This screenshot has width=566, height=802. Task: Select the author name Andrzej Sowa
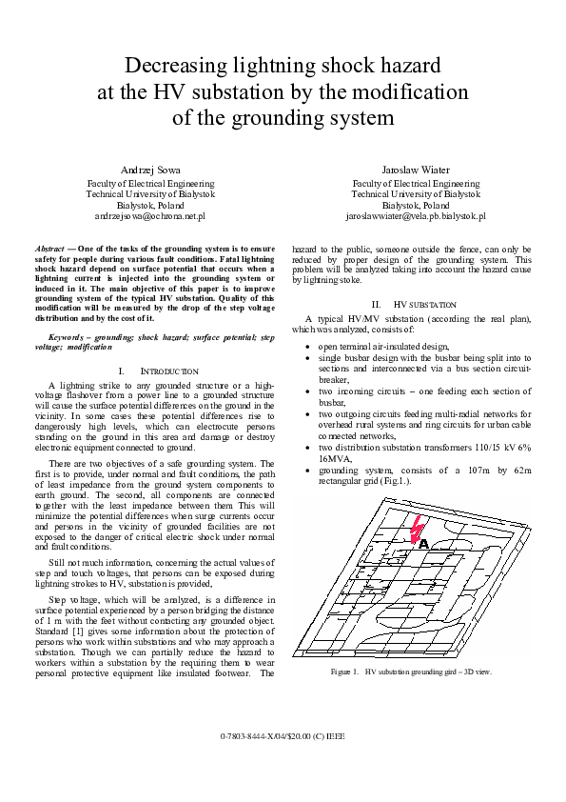click(x=150, y=169)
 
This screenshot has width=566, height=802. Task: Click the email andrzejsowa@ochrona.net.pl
click(x=150, y=217)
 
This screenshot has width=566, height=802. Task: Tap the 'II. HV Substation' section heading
click(x=416, y=303)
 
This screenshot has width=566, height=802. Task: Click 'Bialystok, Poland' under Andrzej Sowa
click(x=150, y=205)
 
